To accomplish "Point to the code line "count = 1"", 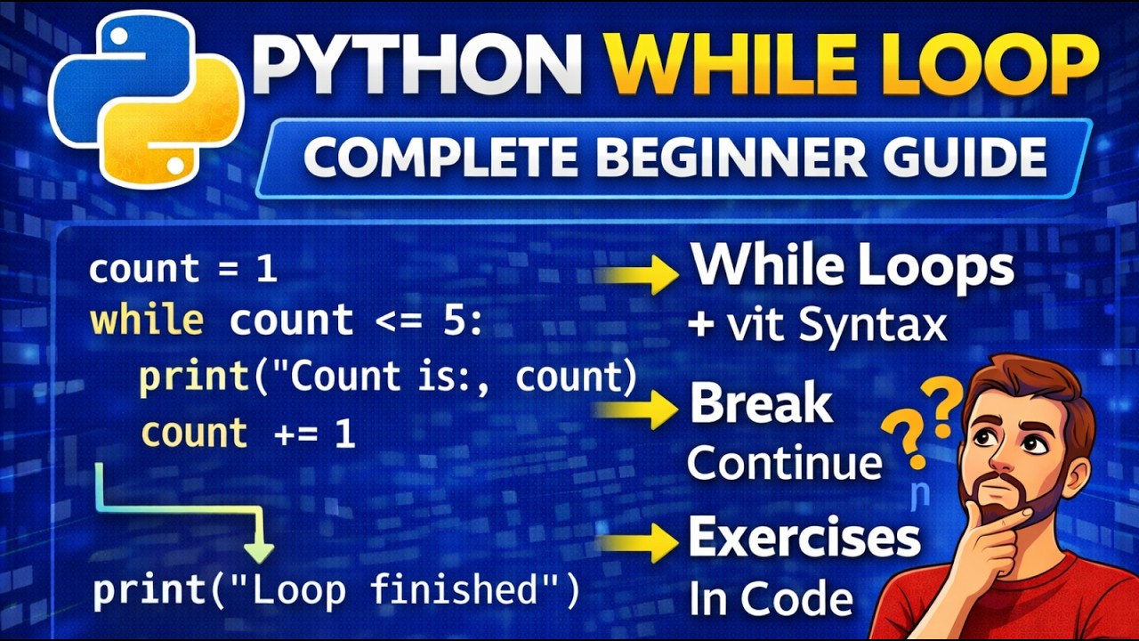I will (182, 269).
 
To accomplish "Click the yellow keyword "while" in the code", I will (147, 321).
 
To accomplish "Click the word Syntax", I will (872, 326).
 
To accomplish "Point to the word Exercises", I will (804, 539).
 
